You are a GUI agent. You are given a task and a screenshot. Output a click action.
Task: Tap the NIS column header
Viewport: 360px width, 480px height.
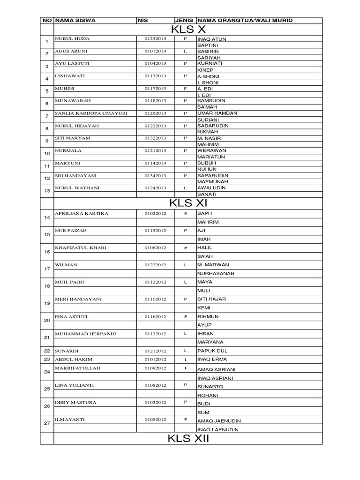(142, 21)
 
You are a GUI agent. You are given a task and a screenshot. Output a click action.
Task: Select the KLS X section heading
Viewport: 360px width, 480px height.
(188, 30)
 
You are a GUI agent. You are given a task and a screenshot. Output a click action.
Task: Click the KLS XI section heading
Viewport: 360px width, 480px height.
(188, 203)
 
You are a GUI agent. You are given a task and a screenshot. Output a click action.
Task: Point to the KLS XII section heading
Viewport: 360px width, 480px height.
(188, 439)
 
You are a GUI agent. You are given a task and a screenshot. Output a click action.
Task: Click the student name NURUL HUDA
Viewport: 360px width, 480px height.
(72, 38)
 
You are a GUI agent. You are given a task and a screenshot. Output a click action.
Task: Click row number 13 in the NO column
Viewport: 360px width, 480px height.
(47, 191)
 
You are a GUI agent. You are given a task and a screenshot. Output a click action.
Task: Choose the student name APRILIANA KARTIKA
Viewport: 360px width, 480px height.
(82, 214)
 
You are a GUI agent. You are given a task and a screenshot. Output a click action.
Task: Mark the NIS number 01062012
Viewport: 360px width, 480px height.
(155, 247)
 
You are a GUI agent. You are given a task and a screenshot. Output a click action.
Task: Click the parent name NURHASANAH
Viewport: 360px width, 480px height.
(216, 273)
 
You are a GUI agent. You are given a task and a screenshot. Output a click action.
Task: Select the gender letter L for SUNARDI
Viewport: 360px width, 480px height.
(186, 351)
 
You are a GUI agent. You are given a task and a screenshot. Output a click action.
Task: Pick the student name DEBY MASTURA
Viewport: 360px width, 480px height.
(76, 402)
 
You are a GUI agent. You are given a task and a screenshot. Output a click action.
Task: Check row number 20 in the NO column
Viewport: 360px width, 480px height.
(47, 321)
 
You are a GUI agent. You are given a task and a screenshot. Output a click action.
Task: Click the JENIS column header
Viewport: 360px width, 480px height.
(185, 21)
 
